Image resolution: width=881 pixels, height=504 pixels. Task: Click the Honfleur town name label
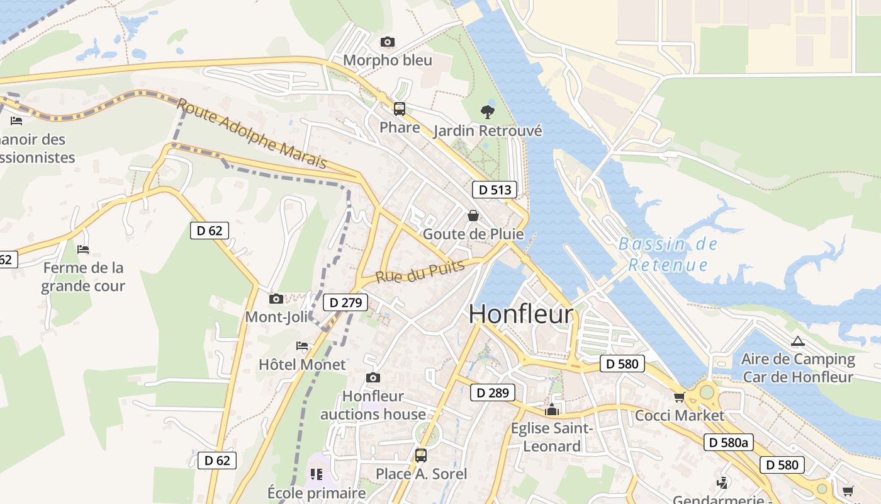click(x=521, y=314)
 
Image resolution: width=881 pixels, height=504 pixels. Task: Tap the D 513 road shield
click(x=494, y=190)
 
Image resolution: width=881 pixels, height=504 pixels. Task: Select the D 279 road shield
click(x=345, y=303)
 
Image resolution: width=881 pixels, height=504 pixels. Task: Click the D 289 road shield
click(x=493, y=393)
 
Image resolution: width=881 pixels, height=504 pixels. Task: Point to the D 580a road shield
click(x=728, y=443)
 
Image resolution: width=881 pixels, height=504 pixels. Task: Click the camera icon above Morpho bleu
click(x=388, y=42)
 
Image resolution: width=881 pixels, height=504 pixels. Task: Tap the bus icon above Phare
click(x=400, y=109)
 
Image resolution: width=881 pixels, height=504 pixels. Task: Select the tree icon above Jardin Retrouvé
click(x=487, y=112)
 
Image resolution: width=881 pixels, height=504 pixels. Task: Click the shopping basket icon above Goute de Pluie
click(x=473, y=215)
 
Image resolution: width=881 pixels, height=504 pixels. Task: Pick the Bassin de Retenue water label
click(x=668, y=254)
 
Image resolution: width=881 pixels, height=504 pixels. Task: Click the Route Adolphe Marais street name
click(x=252, y=134)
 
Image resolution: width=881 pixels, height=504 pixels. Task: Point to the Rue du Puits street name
click(x=420, y=272)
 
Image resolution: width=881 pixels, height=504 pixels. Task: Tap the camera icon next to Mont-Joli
click(x=276, y=299)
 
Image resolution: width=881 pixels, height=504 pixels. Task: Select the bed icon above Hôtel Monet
click(x=302, y=346)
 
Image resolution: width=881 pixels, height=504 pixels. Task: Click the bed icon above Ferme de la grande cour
click(x=83, y=249)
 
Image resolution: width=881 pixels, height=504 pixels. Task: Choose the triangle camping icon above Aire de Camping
click(x=798, y=341)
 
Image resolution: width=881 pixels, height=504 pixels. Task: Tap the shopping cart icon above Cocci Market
click(x=679, y=397)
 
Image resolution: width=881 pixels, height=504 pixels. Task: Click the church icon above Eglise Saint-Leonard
click(x=552, y=410)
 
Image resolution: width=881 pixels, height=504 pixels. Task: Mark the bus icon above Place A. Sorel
click(x=421, y=455)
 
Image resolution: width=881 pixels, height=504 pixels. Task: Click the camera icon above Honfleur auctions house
click(x=373, y=377)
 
